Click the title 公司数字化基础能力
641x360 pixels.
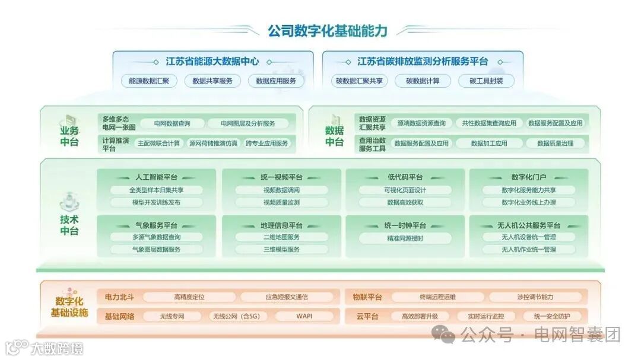pyautogui.click(x=327, y=30)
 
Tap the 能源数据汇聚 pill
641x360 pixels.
pyautogui.click(x=149, y=81)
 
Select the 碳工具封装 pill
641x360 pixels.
pyautogui.click(x=486, y=81)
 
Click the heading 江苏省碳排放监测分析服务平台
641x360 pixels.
pyautogui.click(x=423, y=62)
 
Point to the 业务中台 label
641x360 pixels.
pyautogui.click(x=69, y=136)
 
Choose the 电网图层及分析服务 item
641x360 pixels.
pyautogui.click(x=247, y=123)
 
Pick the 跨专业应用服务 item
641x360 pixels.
pyautogui.click(x=266, y=143)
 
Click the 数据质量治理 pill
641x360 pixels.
pyautogui.click(x=555, y=143)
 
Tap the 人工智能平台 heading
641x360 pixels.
pyautogui.click(x=156, y=177)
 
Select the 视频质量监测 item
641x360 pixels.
pyautogui.click(x=281, y=202)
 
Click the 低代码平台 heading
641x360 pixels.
pyautogui.click(x=405, y=177)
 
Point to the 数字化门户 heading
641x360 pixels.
pyautogui.click(x=528, y=177)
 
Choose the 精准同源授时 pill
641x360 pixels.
pyautogui.click(x=405, y=237)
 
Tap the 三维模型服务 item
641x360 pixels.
pyautogui.click(x=281, y=250)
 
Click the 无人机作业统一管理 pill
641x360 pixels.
pyautogui.click(x=528, y=250)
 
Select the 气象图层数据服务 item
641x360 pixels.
pyautogui.click(x=156, y=250)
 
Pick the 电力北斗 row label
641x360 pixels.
pyautogui.click(x=119, y=297)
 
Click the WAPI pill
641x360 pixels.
pyautogui.click(x=304, y=316)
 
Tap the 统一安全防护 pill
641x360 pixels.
pyautogui.click(x=551, y=316)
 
